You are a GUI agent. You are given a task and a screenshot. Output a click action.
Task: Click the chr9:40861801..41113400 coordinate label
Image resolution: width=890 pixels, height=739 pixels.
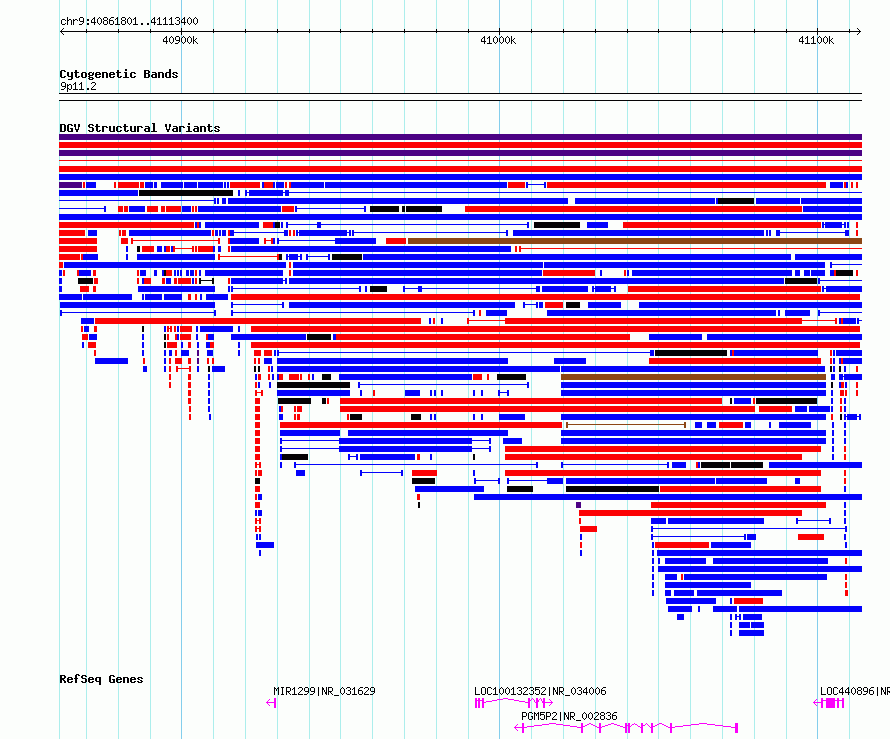(x=129, y=22)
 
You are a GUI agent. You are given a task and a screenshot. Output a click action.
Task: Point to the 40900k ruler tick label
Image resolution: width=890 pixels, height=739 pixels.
(x=180, y=40)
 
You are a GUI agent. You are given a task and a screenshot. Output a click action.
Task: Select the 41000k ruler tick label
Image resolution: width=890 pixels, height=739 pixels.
(x=498, y=40)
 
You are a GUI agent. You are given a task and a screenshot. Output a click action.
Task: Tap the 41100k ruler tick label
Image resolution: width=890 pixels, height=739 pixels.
(x=816, y=40)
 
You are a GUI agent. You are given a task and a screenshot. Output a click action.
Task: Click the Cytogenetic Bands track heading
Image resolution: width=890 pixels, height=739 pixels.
(x=119, y=74)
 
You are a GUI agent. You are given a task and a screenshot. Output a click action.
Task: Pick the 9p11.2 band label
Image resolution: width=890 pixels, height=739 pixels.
(x=78, y=86)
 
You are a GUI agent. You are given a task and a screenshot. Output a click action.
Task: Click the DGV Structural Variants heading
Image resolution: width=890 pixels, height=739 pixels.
(x=140, y=128)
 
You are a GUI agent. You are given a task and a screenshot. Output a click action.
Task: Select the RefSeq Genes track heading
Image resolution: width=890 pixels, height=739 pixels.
(x=101, y=679)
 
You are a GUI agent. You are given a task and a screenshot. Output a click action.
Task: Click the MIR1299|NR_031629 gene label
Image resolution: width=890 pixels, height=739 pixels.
(x=324, y=691)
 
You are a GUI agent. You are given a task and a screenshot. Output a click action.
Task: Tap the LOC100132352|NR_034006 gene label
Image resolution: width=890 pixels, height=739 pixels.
(x=540, y=691)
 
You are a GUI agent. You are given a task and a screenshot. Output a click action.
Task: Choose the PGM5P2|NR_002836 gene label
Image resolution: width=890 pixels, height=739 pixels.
(x=569, y=716)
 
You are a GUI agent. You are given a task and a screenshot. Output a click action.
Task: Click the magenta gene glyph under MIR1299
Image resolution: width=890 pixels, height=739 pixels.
(x=271, y=703)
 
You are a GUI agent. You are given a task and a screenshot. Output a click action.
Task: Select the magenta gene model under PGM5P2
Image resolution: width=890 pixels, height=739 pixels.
(x=625, y=727)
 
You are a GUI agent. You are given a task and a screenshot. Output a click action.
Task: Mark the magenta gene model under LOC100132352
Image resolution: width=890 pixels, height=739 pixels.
(x=514, y=703)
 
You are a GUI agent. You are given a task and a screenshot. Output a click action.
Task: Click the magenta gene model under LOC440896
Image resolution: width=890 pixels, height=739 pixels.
(x=830, y=703)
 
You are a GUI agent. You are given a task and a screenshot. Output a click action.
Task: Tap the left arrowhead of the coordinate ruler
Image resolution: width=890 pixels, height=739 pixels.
(x=62, y=32)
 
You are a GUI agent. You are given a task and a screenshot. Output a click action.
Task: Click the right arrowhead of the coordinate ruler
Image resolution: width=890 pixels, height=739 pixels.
(x=859, y=32)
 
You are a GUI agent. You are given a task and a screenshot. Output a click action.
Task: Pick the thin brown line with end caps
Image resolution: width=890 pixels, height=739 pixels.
(x=625, y=425)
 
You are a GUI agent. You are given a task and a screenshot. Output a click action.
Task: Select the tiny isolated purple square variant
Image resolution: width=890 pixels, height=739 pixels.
(x=578, y=505)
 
